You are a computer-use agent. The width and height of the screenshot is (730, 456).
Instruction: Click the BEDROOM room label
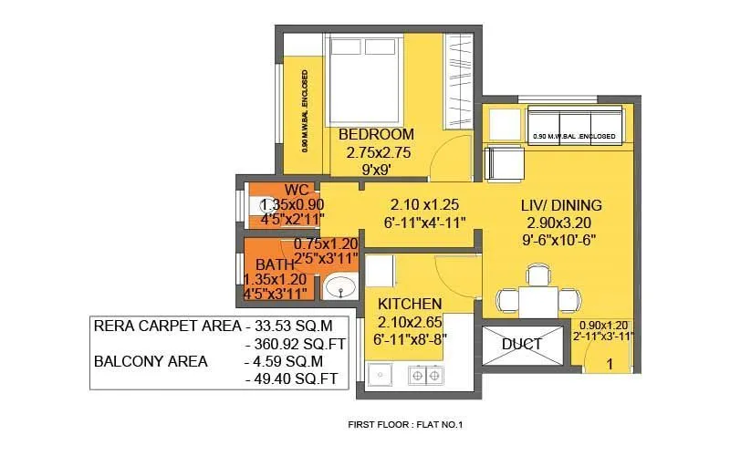point(376,135)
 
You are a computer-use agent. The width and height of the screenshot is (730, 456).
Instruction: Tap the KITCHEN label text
point(410,303)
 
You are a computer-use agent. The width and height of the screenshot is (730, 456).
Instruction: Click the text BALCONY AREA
point(151,361)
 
